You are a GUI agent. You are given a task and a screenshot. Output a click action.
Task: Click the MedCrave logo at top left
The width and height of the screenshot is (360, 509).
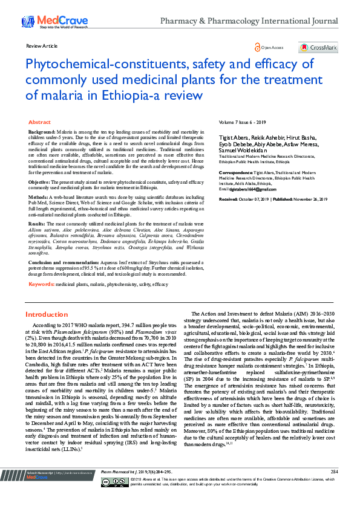point(48,22)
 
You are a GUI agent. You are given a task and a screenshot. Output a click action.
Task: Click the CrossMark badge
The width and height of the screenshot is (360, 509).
point(318,47)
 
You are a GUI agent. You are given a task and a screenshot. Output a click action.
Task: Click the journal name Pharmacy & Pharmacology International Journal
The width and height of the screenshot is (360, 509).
point(249,21)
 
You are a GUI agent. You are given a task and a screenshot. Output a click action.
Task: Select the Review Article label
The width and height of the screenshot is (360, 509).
point(42,46)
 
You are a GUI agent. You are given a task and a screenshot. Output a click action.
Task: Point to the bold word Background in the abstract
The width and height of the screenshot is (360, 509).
point(42,131)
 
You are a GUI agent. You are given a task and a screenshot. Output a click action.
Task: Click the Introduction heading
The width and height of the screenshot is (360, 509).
point(46,314)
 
